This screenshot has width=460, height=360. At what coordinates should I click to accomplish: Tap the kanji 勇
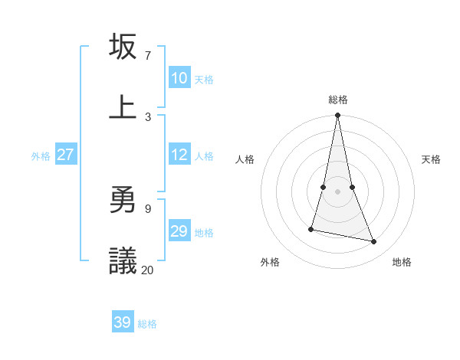pos(123,201)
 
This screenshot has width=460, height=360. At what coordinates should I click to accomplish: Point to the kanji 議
pos(123,261)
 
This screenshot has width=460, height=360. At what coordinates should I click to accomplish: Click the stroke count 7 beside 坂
pos(147,56)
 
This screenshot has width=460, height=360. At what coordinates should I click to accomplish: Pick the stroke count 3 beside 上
pos(147,116)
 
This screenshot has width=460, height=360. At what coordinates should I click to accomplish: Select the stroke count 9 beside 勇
pos(147,208)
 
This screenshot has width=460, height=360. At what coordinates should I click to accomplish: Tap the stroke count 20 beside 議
pos(147,270)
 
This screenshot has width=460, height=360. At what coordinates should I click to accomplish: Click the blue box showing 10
pos(179,78)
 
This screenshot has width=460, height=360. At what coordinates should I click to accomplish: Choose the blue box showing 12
pos(179,155)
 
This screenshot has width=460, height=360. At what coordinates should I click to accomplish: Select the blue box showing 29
pos(179,231)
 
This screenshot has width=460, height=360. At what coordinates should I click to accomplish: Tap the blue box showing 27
pos(66,155)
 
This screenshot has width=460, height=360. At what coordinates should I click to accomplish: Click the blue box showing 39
pos(123,322)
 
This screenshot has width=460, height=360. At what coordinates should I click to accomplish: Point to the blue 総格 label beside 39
pos(147,324)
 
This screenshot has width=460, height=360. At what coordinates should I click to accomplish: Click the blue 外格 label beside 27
pos(41,156)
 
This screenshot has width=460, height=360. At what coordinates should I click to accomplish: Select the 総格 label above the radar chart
pos(337,100)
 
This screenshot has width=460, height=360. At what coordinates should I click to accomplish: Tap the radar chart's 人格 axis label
pos(245,159)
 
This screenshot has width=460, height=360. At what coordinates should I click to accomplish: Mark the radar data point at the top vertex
pos(337,116)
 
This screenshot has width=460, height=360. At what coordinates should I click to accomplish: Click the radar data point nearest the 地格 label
pos(374,242)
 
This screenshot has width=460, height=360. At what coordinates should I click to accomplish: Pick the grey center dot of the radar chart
pos(337,191)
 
